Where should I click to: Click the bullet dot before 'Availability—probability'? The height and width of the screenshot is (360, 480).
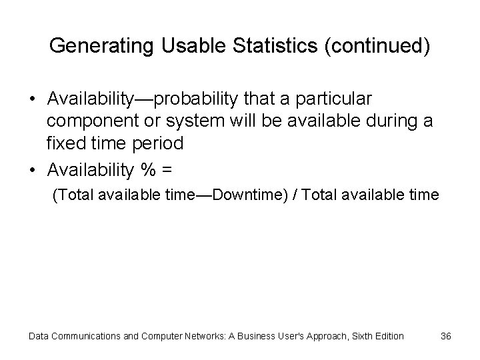tap(33, 99)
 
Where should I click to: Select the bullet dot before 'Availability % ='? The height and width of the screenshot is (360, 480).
tap(33, 171)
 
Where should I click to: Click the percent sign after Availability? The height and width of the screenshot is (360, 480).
tap(147, 171)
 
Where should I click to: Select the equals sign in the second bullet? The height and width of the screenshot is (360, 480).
tap(166, 171)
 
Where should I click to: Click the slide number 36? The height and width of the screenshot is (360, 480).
tap(446, 336)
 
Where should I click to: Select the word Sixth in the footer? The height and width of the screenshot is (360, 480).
tap(353, 336)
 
